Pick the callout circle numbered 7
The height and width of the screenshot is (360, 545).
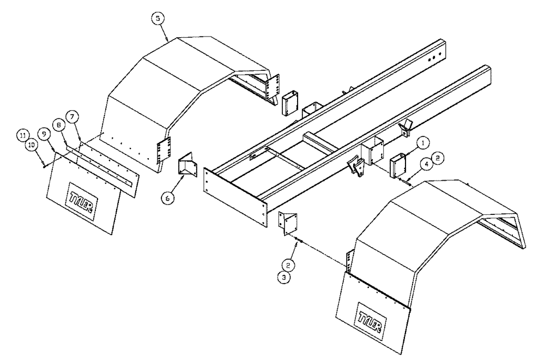[x=72, y=117]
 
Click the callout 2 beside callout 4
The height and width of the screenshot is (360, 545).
[x=439, y=157]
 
